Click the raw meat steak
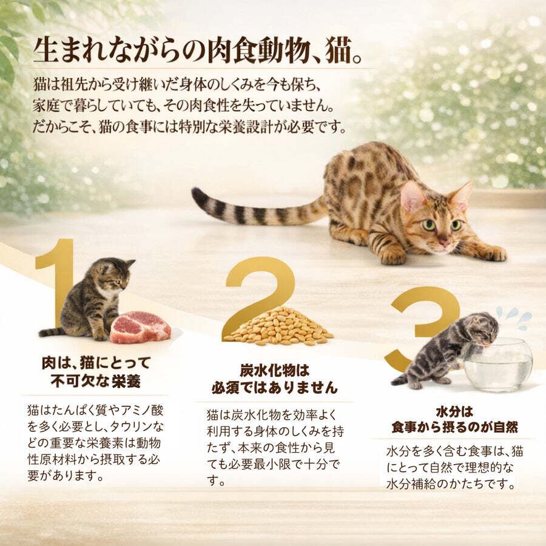tap(140, 328)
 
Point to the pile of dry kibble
tap(278, 326)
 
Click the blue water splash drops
tap(514, 317)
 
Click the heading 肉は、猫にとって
tap(96, 363)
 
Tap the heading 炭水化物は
tap(274, 371)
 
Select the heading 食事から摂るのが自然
tap(455, 427)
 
